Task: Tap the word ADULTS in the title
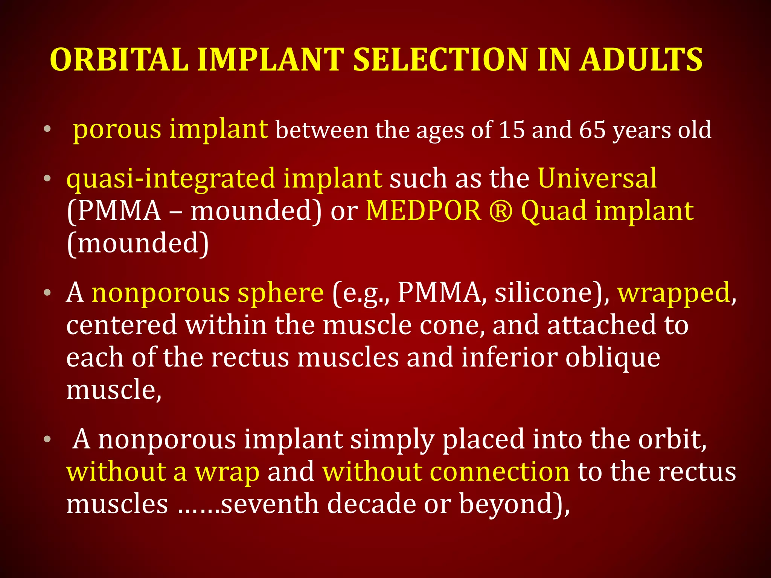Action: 641,60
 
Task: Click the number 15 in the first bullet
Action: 512,130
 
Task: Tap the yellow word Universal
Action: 597,178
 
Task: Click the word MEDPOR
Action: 424,211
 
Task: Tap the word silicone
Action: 548,293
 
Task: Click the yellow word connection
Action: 446,472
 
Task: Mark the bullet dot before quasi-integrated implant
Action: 47,178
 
